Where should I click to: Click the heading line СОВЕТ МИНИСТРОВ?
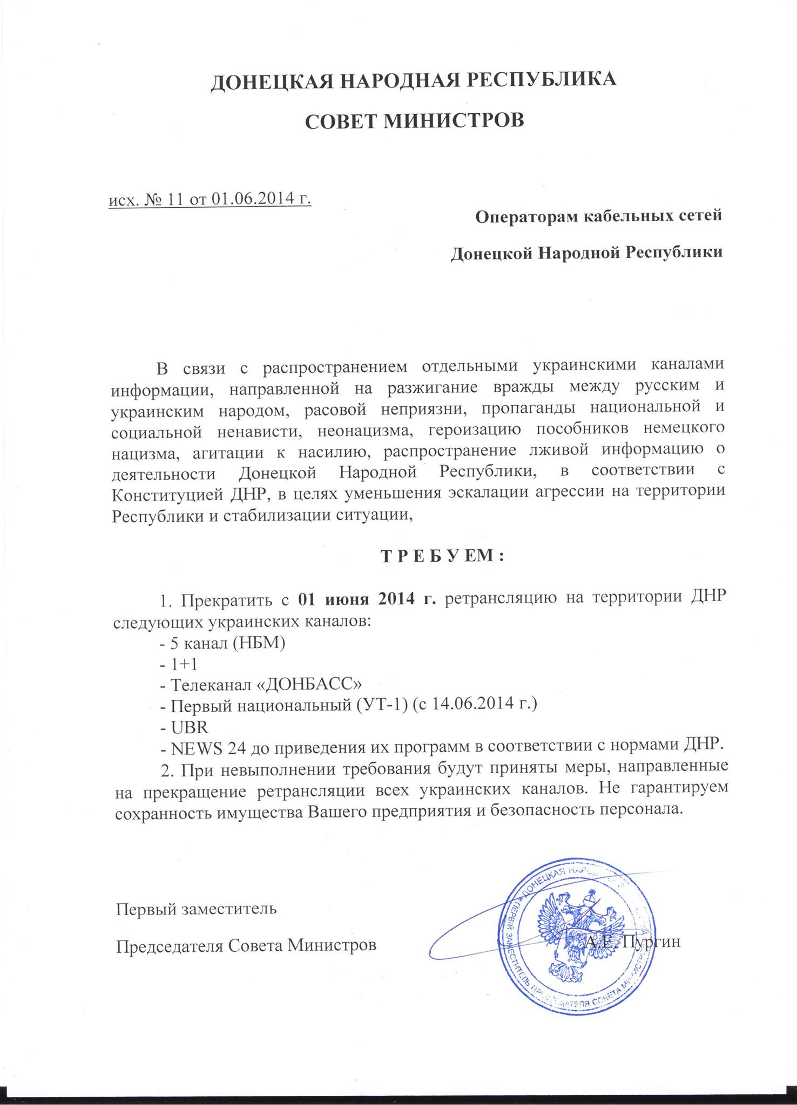(414, 120)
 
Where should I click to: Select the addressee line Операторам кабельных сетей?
(598, 216)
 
